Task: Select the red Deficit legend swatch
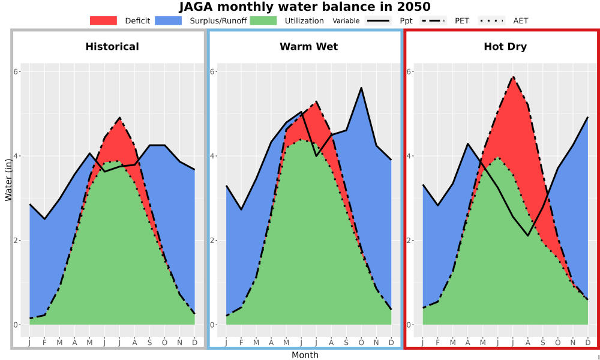pos(103,20)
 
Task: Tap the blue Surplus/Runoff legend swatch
pos(169,20)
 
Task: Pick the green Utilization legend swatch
pos(263,20)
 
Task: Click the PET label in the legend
pos(462,20)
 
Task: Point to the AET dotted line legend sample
pos(491,20)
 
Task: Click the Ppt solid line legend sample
pos(377,20)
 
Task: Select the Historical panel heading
pos(112,47)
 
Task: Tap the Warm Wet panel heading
pos(309,47)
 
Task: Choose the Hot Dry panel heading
pos(505,47)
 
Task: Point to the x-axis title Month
pos(305,355)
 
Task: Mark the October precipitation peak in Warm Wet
pos(361,88)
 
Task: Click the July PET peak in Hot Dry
pos(513,77)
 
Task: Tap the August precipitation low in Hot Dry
pos(528,236)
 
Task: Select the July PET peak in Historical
pos(120,118)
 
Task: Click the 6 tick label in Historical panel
pos(16,72)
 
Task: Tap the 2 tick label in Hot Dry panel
pos(408,241)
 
